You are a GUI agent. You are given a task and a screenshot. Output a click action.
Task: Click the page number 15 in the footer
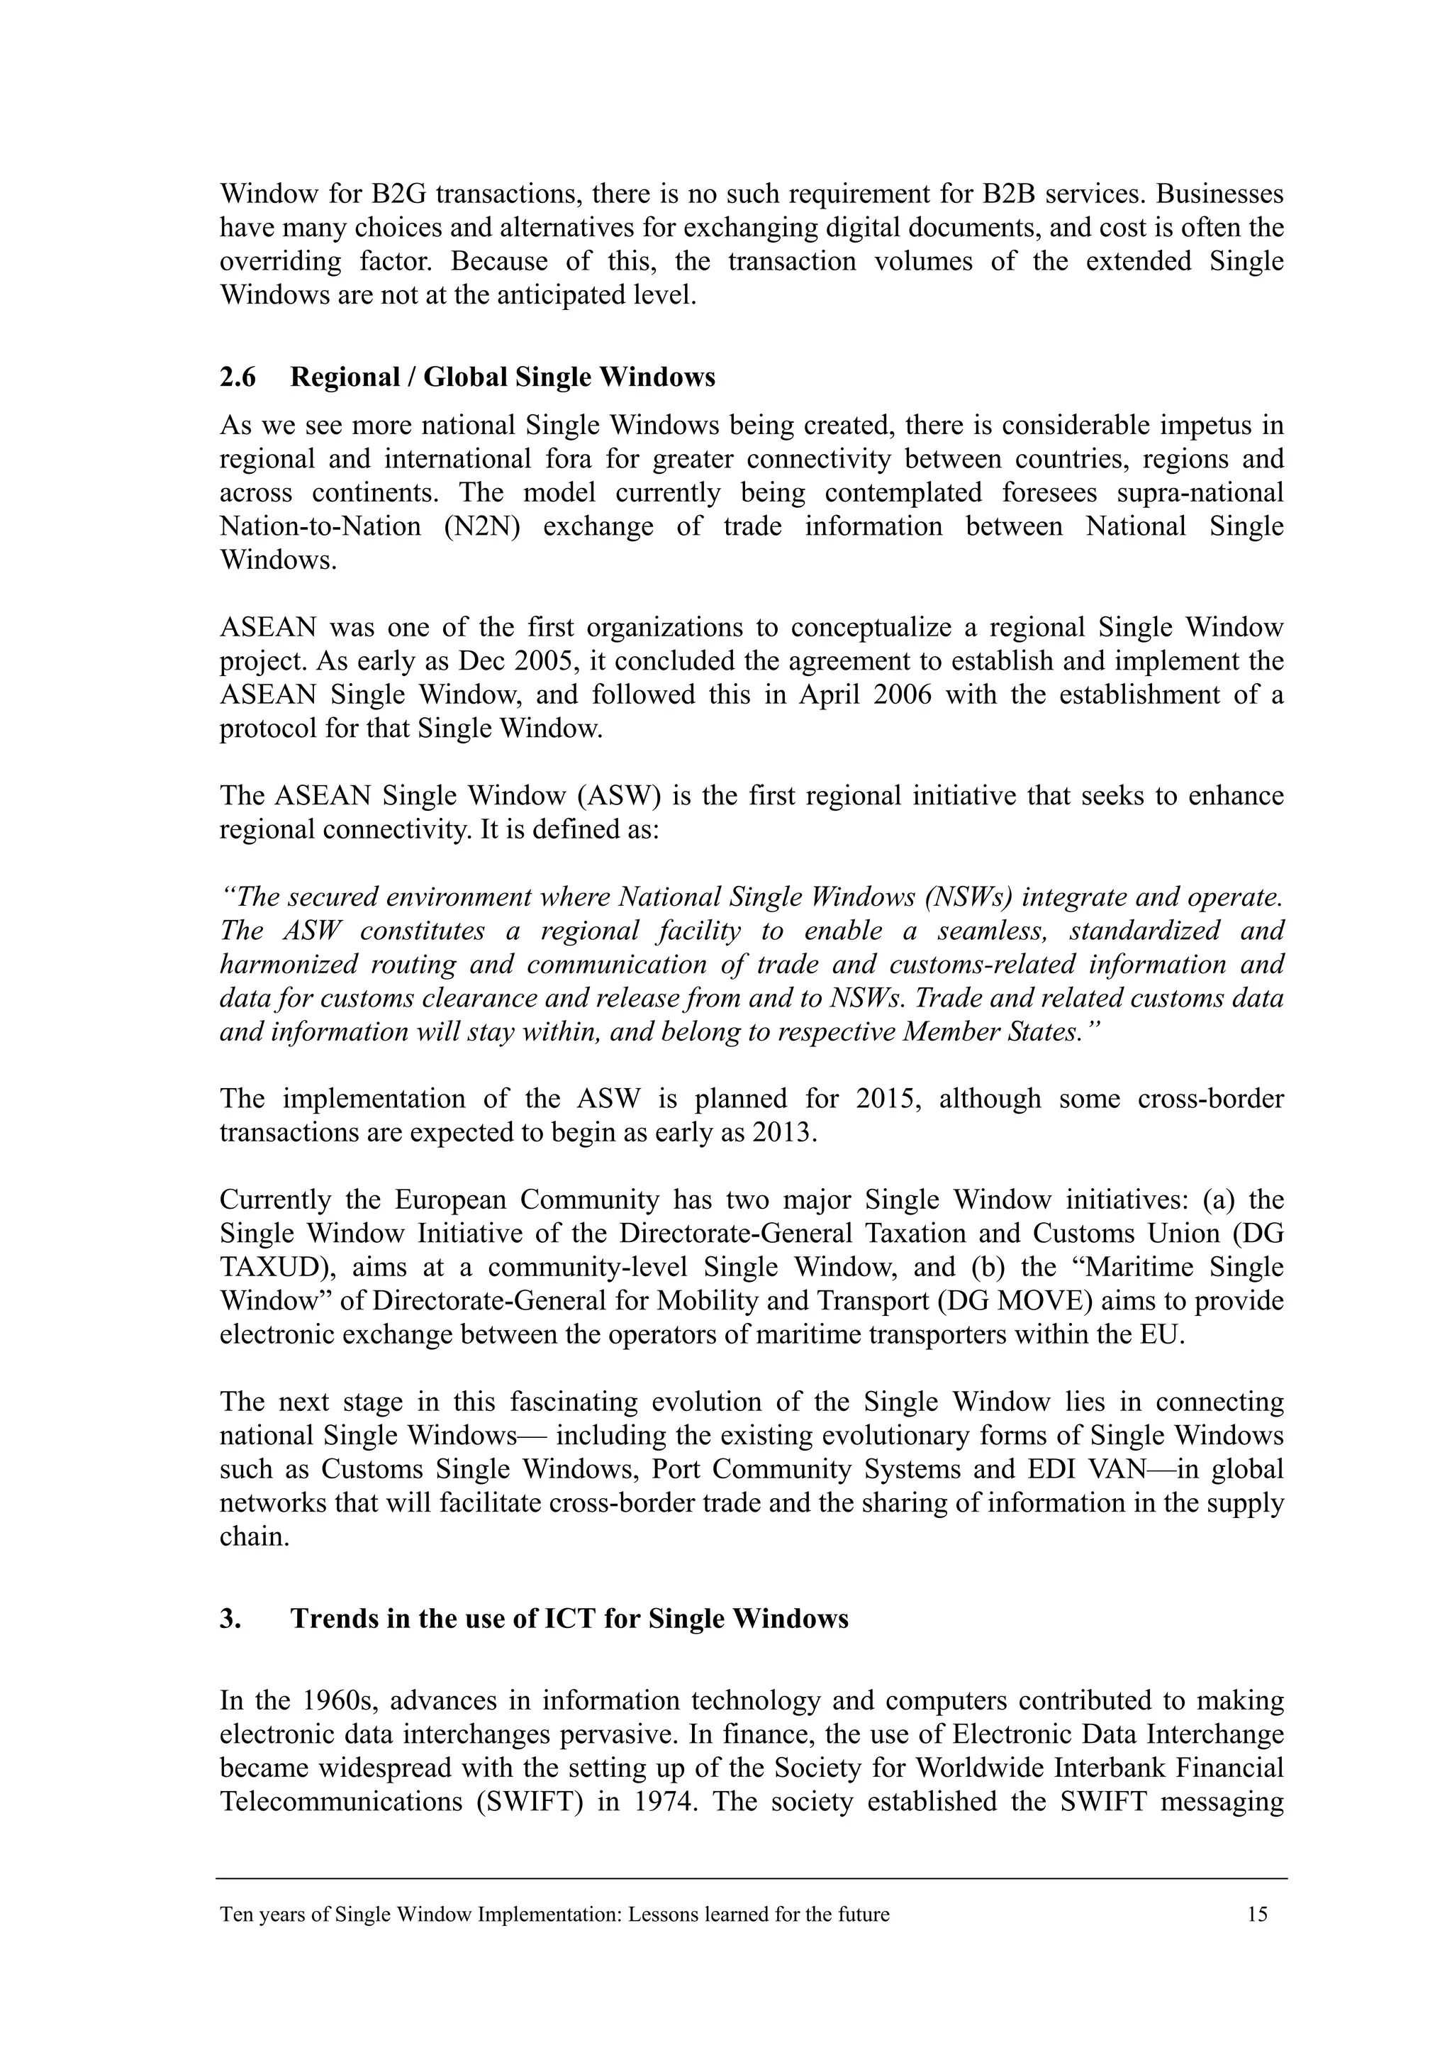[x=1257, y=1915]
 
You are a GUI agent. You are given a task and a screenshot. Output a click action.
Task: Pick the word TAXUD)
[x=277, y=1268]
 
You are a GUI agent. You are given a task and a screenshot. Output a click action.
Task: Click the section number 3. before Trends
[x=230, y=1619]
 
